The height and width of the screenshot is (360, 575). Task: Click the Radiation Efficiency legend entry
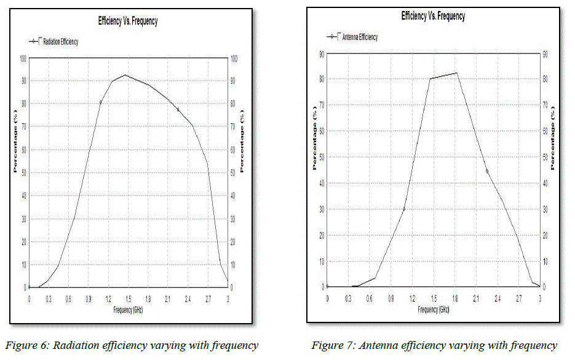pyautogui.click(x=60, y=42)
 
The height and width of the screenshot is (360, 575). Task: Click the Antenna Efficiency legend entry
pyautogui.click(x=359, y=37)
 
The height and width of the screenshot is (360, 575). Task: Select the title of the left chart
pyautogui.click(x=128, y=21)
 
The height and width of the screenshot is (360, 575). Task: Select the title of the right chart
pyautogui.click(x=433, y=16)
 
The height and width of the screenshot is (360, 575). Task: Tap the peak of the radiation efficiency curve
pyautogui.click(x=125, y=75)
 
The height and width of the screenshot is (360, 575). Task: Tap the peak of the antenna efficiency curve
pyautogui.click(x=456, y=73)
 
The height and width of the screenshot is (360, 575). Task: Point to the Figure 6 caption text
pyautogui.click(x=131, y=345)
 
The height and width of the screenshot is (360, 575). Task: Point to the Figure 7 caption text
pyautogui.click(x=434, y=345)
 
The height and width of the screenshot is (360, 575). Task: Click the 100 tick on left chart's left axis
pyautogui.click(x=23, y=59)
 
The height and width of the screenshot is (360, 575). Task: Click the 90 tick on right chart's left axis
pyautogui.click(x=321, y=54)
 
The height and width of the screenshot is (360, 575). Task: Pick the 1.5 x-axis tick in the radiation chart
pyautogui.click(x=129, y=299)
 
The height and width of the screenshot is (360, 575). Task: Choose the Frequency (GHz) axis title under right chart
pyautogui.click(x=433, y=310)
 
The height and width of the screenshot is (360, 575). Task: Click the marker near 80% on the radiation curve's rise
pyautogui.click(x=101, y=102)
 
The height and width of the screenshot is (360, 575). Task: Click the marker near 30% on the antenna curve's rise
pyautogui.click(x=404, y=209)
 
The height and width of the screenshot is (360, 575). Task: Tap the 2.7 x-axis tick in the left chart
pyautogui.click(x=208, y=299)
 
